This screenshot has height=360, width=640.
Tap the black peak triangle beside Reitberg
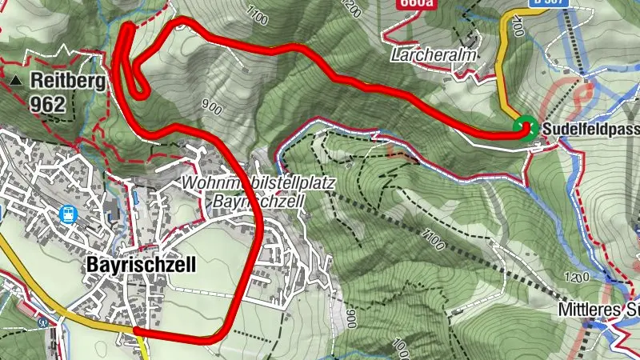tap(18, 81)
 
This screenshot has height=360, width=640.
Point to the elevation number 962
tap(49, 103)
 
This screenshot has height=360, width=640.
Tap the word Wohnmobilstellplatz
tap(258, 183)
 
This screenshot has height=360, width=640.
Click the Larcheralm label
tap(434, 56)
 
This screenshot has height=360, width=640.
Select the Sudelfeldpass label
tap(590, 129)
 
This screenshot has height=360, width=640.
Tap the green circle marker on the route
tap(525, 128)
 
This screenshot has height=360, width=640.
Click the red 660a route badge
tap(415, 3)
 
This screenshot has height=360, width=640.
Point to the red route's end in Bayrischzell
tap(136, 329)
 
